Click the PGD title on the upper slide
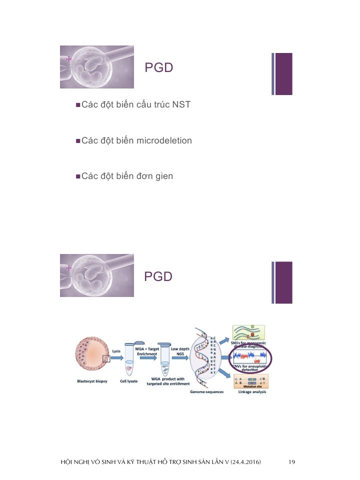click(158, 68)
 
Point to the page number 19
click(292, 461)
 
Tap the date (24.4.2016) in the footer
click(243, 461)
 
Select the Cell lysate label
click(128, 381)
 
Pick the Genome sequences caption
click(206, 392)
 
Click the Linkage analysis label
click(252, 392)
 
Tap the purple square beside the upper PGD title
click(283, 73)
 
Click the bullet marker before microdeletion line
click(78, 141)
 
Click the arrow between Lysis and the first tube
click(116, 358)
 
